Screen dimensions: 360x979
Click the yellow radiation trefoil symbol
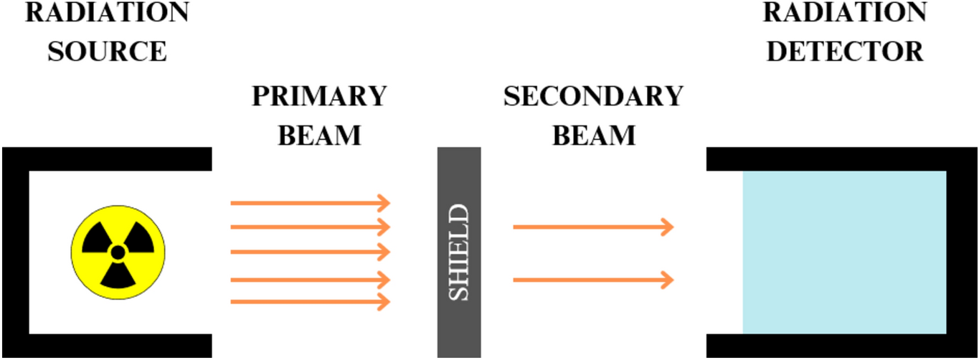tap(118, 252)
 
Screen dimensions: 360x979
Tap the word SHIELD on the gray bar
tap(459, 252)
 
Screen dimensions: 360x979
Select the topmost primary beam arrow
tap(309, 203)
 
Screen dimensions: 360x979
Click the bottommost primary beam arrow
tap(309, 303)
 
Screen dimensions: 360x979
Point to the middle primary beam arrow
tap(309, 252)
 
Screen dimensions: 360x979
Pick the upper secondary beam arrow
tap(592, 227)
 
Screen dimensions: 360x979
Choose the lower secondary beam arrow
tap(592, 279)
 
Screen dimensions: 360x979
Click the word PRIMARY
tap(319, 97)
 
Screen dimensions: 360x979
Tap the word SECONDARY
tap(593, 97)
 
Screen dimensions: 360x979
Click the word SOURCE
tap(108, 52)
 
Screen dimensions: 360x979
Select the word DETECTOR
tap(845, 52)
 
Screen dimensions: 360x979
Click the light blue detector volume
tap(844, 252)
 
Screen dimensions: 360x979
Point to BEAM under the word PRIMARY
tap(319, 136)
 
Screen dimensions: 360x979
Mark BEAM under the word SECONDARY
tap(593, 136)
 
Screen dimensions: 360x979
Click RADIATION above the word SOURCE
tap(108, 13)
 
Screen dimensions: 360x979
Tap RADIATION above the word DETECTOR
tap(845, 13)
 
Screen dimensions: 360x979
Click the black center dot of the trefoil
tap(118, 252)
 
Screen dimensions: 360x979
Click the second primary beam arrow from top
tap(309, 227)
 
